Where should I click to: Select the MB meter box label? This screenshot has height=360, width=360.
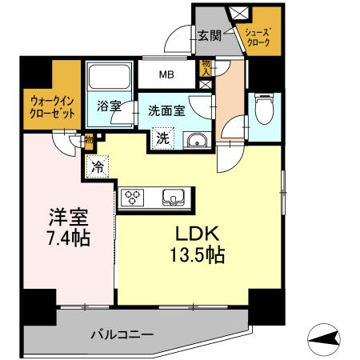click(x=166, y=76)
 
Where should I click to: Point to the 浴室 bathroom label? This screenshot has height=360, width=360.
click(x=109, y=106)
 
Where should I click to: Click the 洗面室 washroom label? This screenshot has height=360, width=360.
click(x=166, y=111)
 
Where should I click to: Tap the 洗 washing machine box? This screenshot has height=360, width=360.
click(x=162, y=138)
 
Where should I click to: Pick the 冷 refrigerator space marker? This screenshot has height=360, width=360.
click(x=97, y=168)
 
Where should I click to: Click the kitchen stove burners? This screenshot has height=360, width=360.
click(x=133, y=196)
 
